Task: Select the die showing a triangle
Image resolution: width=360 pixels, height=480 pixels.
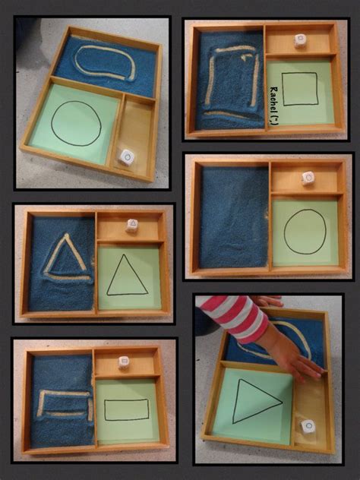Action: tap(132, 226)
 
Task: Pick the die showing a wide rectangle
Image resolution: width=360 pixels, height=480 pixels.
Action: tap(124, 362)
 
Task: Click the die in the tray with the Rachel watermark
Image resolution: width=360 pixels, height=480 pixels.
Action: tap(300, 41)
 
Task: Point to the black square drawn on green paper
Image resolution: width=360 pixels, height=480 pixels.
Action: tap(300, 89)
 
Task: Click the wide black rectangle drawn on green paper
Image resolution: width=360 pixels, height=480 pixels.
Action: tap(126, 409)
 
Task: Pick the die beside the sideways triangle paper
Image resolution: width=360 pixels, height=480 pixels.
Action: tap(308, 426)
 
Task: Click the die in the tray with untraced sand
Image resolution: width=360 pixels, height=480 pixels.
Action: tap(308, 178)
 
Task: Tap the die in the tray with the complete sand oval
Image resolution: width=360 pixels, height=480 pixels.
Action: tap(127, 157)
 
